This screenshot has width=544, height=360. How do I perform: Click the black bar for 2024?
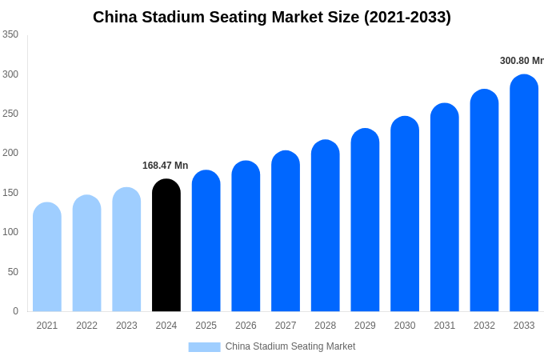click(166, 246)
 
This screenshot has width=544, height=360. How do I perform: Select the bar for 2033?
click(524, 194)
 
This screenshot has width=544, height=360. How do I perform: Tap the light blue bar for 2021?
click(47, 258)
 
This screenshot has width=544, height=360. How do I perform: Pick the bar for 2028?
click(326, 226)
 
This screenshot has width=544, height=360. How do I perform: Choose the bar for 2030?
click(405, 214)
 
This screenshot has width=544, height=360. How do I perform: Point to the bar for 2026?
click(246, 237)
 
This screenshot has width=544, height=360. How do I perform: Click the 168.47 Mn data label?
click(166, 166)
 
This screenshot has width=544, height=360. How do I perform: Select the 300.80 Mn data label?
click(522, 61)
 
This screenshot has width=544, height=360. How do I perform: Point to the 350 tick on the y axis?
click(10, 34)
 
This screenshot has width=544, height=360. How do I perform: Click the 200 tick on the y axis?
click(10, 153)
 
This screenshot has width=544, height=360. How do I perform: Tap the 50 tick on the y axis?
click(13, 272)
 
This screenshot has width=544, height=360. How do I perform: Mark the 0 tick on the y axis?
click(15, 311)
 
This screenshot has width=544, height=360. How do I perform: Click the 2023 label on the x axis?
click(126, 326)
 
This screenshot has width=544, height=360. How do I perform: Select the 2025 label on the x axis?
click(206, 326)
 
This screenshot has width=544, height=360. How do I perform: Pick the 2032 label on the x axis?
click(484, 326)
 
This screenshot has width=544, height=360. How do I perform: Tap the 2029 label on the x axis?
click(365, 326)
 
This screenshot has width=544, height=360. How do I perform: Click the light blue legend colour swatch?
click(204, 347)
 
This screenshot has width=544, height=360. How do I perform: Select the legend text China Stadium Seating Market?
click(290, 346)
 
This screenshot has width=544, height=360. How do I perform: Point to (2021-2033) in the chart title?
click(407, 17)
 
